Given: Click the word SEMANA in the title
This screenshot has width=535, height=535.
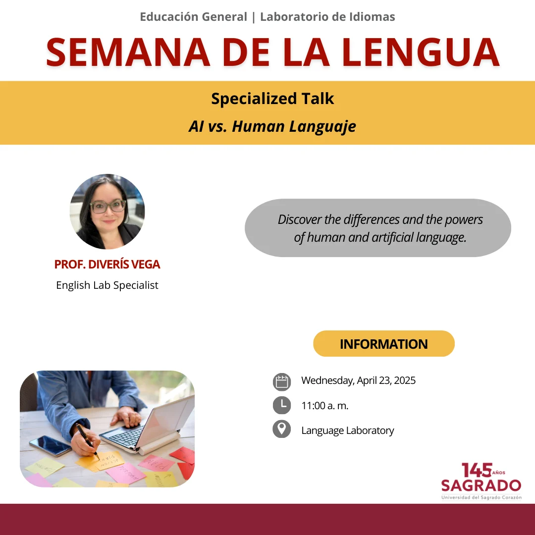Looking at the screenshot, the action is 128,52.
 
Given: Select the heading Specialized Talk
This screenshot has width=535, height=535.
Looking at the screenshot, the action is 272,99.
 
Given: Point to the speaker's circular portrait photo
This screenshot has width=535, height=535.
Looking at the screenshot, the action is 107,211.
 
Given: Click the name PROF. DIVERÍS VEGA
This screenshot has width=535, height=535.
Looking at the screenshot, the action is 107,265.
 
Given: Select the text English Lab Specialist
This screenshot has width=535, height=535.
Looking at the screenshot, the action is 107,285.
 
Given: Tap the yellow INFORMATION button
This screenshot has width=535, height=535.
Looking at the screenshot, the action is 384,344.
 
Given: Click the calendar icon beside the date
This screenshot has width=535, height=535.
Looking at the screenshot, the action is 282,382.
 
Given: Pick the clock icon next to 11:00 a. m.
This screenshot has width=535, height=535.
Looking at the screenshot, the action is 282,405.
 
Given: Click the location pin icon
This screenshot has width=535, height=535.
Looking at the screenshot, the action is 282,429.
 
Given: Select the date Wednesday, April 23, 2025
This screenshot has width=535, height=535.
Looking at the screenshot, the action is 358,380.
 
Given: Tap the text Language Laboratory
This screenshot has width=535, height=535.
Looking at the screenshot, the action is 348,430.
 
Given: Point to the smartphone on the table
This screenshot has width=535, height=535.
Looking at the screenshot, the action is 51,445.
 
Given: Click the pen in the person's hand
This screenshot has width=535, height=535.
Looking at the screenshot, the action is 88,441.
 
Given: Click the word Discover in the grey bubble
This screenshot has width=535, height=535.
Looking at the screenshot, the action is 300,219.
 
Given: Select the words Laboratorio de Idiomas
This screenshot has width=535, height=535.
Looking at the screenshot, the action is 327,17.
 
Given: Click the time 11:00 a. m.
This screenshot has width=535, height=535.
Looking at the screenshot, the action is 325,406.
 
